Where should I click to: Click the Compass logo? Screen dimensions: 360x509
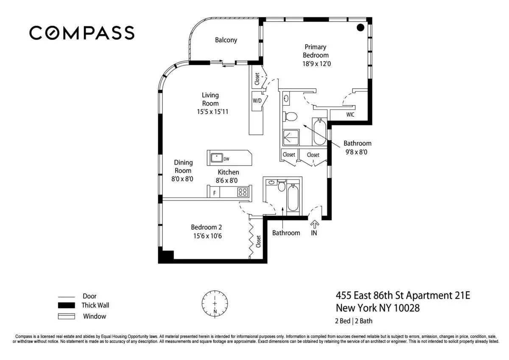(x=81, y=33)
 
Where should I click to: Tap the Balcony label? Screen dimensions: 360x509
(x=226, y=40)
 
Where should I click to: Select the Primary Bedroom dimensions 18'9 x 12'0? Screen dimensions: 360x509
(x=315, y=63)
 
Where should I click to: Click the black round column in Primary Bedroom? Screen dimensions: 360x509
(x=360, y=28)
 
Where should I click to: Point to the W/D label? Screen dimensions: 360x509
(x=257, y=101)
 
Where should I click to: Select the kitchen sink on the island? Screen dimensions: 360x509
(x=217, y=157)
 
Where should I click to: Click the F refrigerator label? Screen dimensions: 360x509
(x=215, y=193)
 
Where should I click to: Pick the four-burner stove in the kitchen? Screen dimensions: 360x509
(x=243, y=192)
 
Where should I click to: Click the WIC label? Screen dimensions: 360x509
(x=350, y=115)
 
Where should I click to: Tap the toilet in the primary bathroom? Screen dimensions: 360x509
(x=291, y=116)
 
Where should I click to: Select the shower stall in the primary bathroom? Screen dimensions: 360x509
(x=291, y=138)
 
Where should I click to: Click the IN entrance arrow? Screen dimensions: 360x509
(x=314, y=225)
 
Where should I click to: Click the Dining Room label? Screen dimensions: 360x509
(x=183, y=166)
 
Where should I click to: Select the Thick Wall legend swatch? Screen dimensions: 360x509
(x=66, y=306)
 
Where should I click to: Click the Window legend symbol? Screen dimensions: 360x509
(x=66, y=316)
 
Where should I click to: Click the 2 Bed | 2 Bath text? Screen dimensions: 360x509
(x=354, y=321)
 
